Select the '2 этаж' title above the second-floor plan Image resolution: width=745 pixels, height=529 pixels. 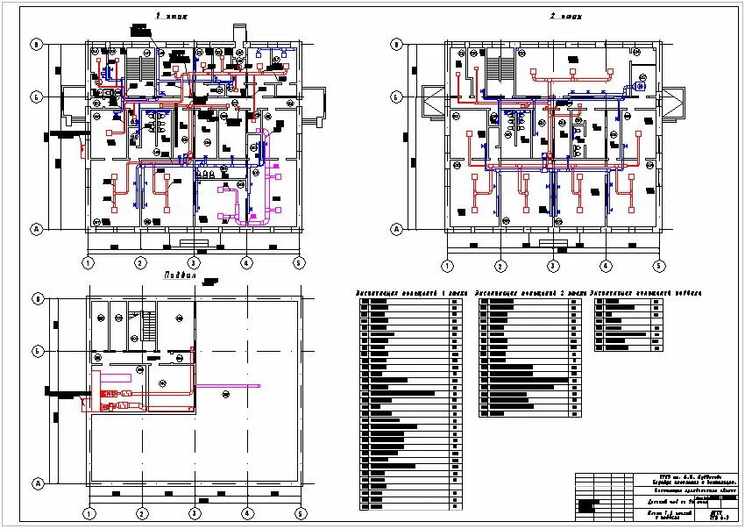(x=566, y=17)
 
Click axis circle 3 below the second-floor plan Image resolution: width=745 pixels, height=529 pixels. (x=553, y=266)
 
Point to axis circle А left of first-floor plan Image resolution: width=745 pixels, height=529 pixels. (x=37, y=229)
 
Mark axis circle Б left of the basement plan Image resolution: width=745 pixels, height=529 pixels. (x=37, y=351)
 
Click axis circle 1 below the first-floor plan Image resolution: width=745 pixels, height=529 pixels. (x=88, y=262)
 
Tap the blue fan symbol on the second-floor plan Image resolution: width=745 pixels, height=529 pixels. (x=641, y=87)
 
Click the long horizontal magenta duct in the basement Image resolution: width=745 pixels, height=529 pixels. (x=227, y=385)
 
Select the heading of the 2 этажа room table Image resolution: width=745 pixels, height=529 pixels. (x=529, y=291)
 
